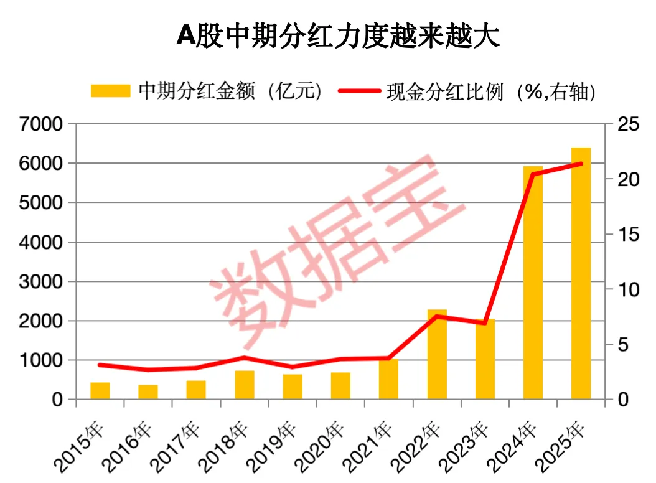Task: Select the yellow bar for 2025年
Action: (581, 274)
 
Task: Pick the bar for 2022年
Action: (437, 354)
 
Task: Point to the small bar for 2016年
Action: (148, 392)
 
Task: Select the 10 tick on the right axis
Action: (624, 289)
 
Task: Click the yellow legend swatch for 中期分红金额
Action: (110, 91)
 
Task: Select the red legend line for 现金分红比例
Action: (359, 91)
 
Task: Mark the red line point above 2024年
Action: (533, 174)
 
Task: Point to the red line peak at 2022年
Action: (437, 316)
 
